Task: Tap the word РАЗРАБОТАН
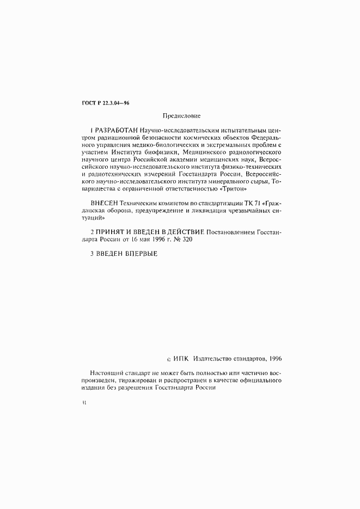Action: [116, 131]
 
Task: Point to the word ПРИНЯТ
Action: [111, 231]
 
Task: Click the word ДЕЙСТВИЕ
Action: [185, 231]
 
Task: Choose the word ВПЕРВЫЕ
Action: [139, 253]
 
